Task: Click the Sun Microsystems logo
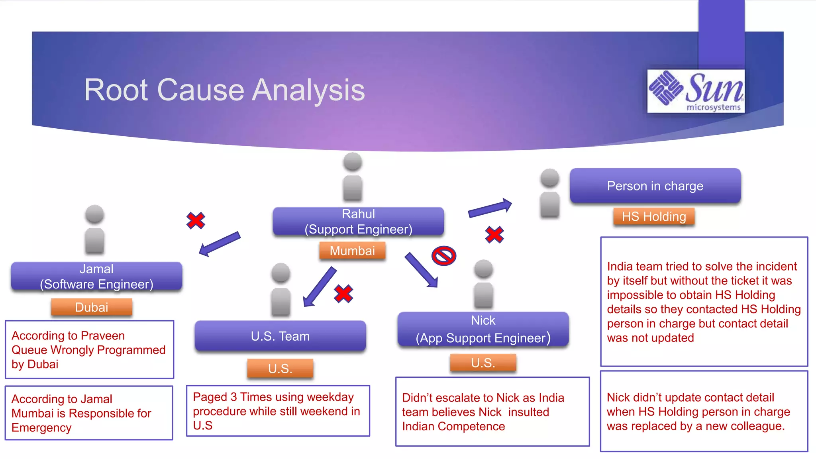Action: pos(696,91)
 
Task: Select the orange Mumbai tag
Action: pos(352,251)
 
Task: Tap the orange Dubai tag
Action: pos(92,307)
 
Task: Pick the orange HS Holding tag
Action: pos(654,216)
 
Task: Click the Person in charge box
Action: pos(655,186)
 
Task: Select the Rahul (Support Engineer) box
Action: pos(358,222)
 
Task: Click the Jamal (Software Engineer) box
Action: pos(96,276)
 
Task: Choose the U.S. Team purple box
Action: pos(280,336)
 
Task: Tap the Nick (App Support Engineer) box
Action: pos(483,329)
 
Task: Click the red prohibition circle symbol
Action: pos(444,256)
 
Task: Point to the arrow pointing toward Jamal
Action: pos(220,243)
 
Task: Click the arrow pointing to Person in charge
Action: pos(490,208)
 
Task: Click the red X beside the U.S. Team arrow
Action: pos(343,294)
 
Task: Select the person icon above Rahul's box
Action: pos(353,176)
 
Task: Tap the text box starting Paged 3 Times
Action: pos(278,411)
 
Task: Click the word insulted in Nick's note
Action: pos(529,412)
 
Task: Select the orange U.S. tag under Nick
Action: pos(483,363)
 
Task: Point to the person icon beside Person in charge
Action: pos(550,193)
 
